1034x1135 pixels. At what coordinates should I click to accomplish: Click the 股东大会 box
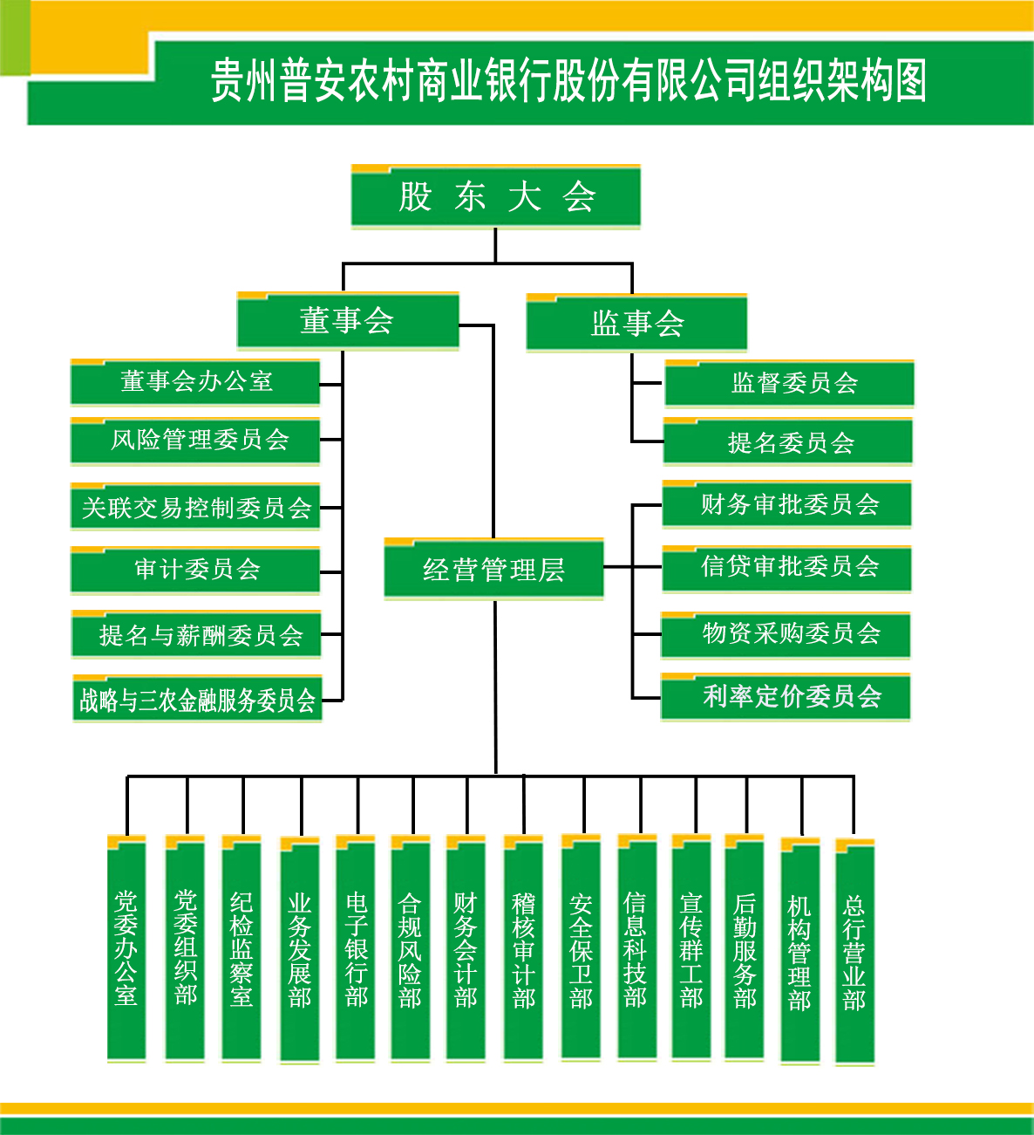[495, 196]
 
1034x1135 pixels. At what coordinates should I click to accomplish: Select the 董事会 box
[348, 321]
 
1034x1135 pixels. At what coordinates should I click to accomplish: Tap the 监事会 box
[636, 323]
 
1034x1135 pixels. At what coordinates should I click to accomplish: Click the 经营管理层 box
[493, 569]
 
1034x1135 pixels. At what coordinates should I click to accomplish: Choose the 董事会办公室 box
[195, 382]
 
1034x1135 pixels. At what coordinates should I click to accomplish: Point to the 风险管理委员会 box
[195, 441]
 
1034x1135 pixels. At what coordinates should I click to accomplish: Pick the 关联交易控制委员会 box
[195, 507]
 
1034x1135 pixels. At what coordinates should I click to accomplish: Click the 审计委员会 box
[195, 571]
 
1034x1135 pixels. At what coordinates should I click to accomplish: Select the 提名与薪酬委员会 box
[196, 634]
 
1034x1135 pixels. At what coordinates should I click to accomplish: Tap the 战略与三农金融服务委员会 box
[197, 699]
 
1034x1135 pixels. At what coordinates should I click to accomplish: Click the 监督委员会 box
[789, 384]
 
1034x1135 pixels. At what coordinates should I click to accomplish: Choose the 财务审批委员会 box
[786, 504]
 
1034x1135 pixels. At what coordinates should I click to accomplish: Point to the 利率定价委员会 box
[786, 696]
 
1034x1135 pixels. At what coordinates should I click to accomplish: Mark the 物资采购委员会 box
[786, 635]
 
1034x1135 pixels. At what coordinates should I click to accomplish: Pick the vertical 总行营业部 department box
[854, 953]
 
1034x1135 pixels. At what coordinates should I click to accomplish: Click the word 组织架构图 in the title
[842, 81]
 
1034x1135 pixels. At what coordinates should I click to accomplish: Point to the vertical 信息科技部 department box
[637, 947]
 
